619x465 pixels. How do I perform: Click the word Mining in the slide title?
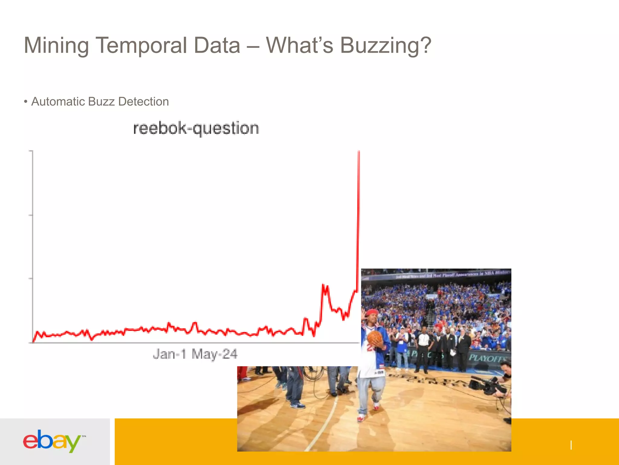point(56,45)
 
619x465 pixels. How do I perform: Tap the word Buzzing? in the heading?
point(386,45)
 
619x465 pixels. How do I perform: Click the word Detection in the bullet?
point(144,102)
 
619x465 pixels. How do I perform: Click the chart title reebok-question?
point(196,128)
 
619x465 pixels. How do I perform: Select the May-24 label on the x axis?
point(215,354)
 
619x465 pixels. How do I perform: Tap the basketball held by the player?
point(375,338)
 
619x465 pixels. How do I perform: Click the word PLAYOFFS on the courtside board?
point(488,358)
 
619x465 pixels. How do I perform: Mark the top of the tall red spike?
point(359,151)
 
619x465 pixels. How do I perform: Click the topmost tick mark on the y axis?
point(31,151)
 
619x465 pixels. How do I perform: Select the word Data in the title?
point(217,45)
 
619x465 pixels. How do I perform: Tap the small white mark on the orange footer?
point(571,445)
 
